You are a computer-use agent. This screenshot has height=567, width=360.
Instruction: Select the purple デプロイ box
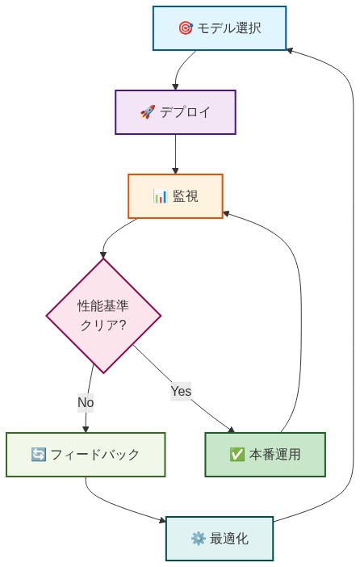point(175,112)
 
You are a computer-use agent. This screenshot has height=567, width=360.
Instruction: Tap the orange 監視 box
point(175,196)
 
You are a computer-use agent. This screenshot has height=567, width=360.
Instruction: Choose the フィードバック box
point(86,455)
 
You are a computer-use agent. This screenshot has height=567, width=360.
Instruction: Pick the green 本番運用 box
point(265,455)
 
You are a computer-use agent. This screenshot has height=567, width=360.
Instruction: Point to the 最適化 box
point(220,539)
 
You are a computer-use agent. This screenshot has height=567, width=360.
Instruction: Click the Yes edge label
point(181,392)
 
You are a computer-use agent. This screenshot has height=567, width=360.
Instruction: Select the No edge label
point(86,401)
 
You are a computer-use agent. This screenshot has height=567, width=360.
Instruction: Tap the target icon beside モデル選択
point(185,27)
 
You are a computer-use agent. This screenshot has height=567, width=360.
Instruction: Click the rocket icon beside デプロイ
point(148,112)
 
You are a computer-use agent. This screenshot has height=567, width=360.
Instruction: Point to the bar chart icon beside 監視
point(159,196)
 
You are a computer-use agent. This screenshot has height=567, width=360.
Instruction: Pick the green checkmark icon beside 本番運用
point(237,455)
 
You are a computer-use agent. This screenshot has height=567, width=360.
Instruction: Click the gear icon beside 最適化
point(198,539)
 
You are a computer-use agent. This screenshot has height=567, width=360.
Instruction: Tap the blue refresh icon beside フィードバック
point(39,455)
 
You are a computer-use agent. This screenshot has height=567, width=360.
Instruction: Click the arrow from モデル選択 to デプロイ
point(182,69)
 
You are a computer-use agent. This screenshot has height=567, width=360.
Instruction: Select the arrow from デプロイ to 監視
point(175,153)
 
